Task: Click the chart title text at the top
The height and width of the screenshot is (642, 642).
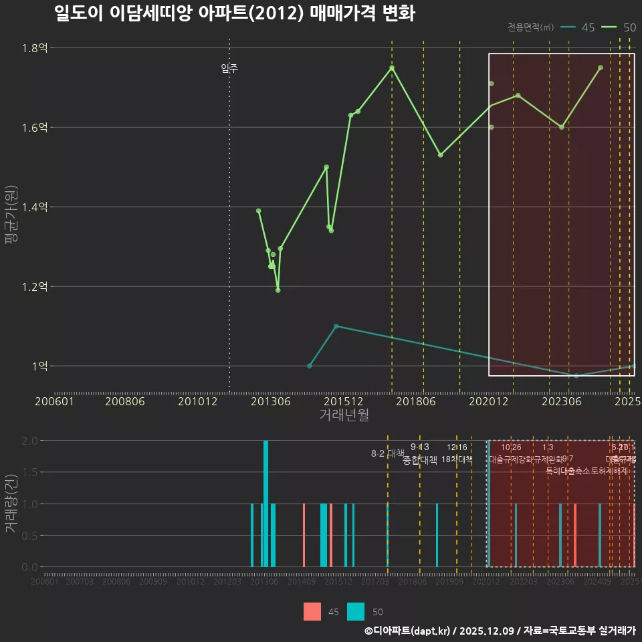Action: (234, 13)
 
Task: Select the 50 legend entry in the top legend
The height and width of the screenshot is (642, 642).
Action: (619, 27)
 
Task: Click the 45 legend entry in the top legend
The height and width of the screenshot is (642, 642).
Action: (578, 27)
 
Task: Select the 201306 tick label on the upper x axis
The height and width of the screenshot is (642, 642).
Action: (270, 402)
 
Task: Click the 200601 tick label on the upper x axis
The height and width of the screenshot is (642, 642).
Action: (54, 402)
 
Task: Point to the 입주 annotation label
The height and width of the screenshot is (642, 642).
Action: (229, 68)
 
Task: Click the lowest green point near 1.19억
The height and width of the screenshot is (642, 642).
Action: (278, 290)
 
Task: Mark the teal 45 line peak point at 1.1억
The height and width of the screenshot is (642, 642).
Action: (336, 326)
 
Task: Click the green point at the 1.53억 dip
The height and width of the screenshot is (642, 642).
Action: (440, 155)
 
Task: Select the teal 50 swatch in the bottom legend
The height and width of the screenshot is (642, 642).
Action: (356, 611)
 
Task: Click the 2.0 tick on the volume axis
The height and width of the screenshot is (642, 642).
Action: (29, 441)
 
